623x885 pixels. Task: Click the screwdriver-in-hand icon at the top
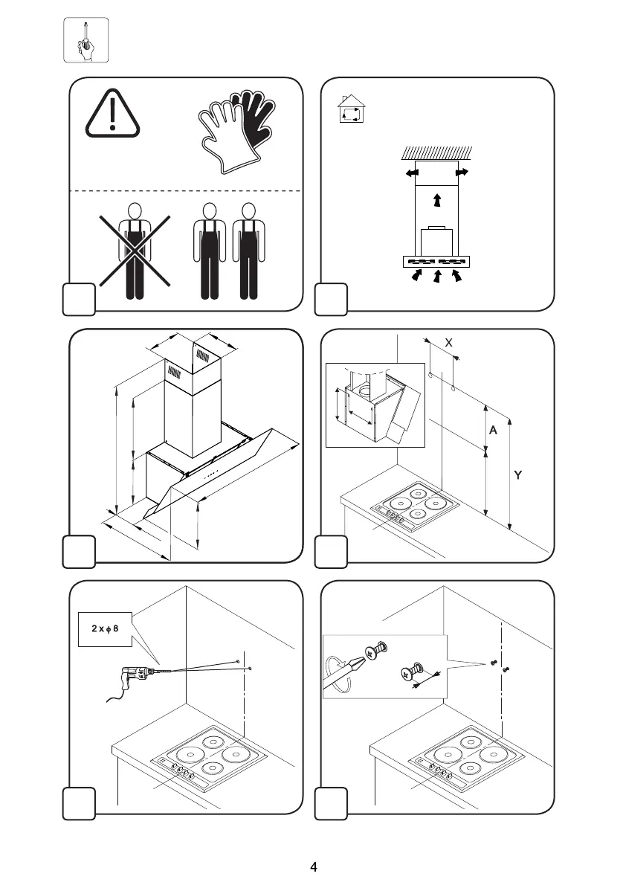(x=85, y=39)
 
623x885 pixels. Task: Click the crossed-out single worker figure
(x=135, y=251)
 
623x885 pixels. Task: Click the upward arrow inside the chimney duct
(x=437, y=199)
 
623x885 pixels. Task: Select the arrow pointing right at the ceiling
(x=462, y=173)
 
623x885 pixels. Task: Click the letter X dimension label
(x=448, y=343)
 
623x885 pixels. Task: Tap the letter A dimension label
(x=492, y=431)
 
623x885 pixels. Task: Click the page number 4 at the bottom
(x=314, y=866)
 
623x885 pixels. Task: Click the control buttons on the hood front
(x=211, y=473)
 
